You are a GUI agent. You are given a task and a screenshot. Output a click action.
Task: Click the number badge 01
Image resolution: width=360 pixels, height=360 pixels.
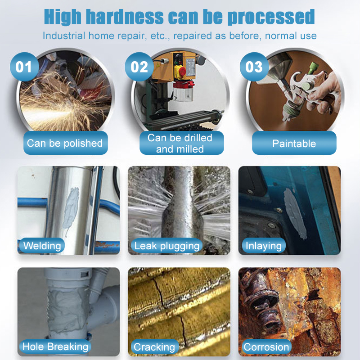24,67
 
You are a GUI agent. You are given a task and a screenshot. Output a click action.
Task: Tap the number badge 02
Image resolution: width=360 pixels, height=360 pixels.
139,67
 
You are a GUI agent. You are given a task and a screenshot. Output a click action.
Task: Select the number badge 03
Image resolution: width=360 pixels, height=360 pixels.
254,67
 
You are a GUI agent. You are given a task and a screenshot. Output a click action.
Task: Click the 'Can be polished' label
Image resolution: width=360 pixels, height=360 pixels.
65,144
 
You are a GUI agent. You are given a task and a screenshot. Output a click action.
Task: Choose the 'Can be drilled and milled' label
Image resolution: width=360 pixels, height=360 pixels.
180,143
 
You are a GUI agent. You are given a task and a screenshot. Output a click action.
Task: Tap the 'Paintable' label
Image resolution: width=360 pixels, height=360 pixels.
294,144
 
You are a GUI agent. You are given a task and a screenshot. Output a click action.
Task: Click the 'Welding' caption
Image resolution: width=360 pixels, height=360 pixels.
42,246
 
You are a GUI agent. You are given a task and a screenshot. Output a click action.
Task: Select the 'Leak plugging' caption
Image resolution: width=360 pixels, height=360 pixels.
167,246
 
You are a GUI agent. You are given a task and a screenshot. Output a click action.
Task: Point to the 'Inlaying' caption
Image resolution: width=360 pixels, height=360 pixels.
264,246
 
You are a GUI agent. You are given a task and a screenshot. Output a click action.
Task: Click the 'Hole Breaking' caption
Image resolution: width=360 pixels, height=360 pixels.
55,346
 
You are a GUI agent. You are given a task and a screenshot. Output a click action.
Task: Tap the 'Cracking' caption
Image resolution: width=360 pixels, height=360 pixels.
154,347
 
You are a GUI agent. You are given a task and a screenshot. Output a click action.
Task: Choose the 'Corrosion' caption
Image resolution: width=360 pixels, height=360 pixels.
266,347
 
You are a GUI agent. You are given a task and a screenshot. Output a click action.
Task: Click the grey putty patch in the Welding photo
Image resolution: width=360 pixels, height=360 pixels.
72,205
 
